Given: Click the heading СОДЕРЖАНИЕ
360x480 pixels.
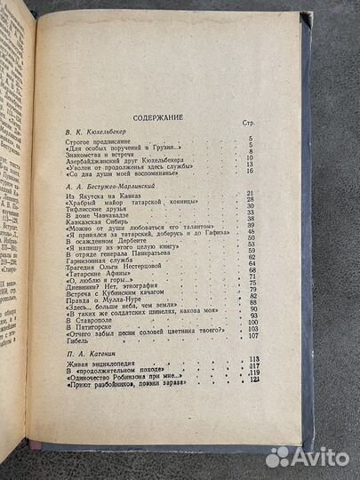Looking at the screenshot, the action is tap(158, 116).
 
